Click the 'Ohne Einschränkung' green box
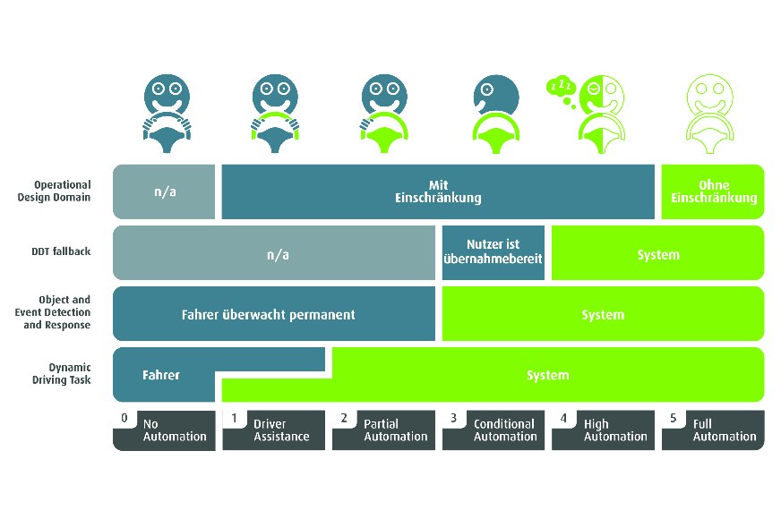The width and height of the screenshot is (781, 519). point(713,191)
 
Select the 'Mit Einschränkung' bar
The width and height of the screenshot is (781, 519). point(438,191)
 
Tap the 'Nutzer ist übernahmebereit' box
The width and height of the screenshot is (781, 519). point(493,252)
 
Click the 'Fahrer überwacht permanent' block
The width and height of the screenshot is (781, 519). point(273,314)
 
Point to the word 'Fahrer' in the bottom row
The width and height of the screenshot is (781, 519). point(160,375)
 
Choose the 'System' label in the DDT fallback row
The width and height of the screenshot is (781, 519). point(658,255)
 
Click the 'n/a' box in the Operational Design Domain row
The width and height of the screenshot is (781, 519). point(164,191)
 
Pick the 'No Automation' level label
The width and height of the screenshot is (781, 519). point(175,430)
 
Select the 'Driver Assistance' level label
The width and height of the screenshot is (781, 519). point(281,430)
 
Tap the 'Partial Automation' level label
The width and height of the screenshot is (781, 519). point(395,430)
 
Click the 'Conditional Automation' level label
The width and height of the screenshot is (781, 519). point(504,430)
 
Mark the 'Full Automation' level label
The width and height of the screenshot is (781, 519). point(725,430)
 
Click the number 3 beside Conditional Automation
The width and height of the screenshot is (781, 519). point(453,418)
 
